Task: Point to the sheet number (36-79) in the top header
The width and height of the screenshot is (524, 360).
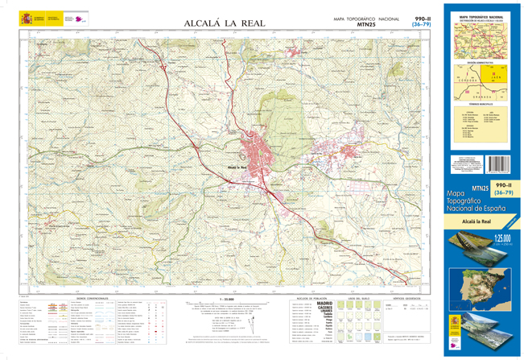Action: (421, 25)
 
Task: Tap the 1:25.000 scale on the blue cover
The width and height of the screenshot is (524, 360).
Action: (503, 238)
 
